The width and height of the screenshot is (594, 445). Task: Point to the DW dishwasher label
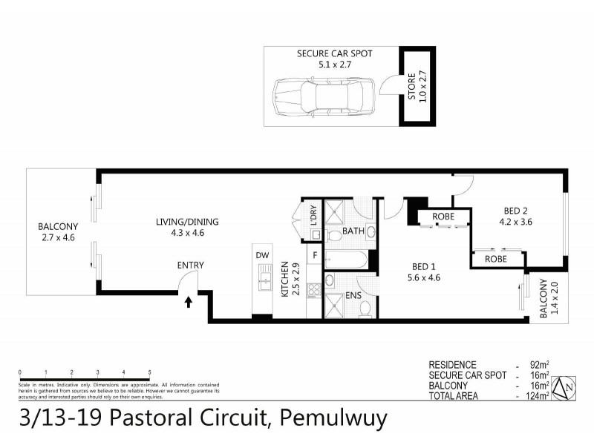(x=261, y=255)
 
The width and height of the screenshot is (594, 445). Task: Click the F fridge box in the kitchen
(x=314, y=257)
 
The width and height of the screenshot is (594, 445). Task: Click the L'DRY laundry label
(x=314, y=216)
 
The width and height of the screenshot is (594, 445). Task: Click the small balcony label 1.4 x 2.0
(x=546, y=299)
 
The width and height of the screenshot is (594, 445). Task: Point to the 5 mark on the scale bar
(x=149, y=372)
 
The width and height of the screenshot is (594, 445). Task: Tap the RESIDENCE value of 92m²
(x=538, y=365)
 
